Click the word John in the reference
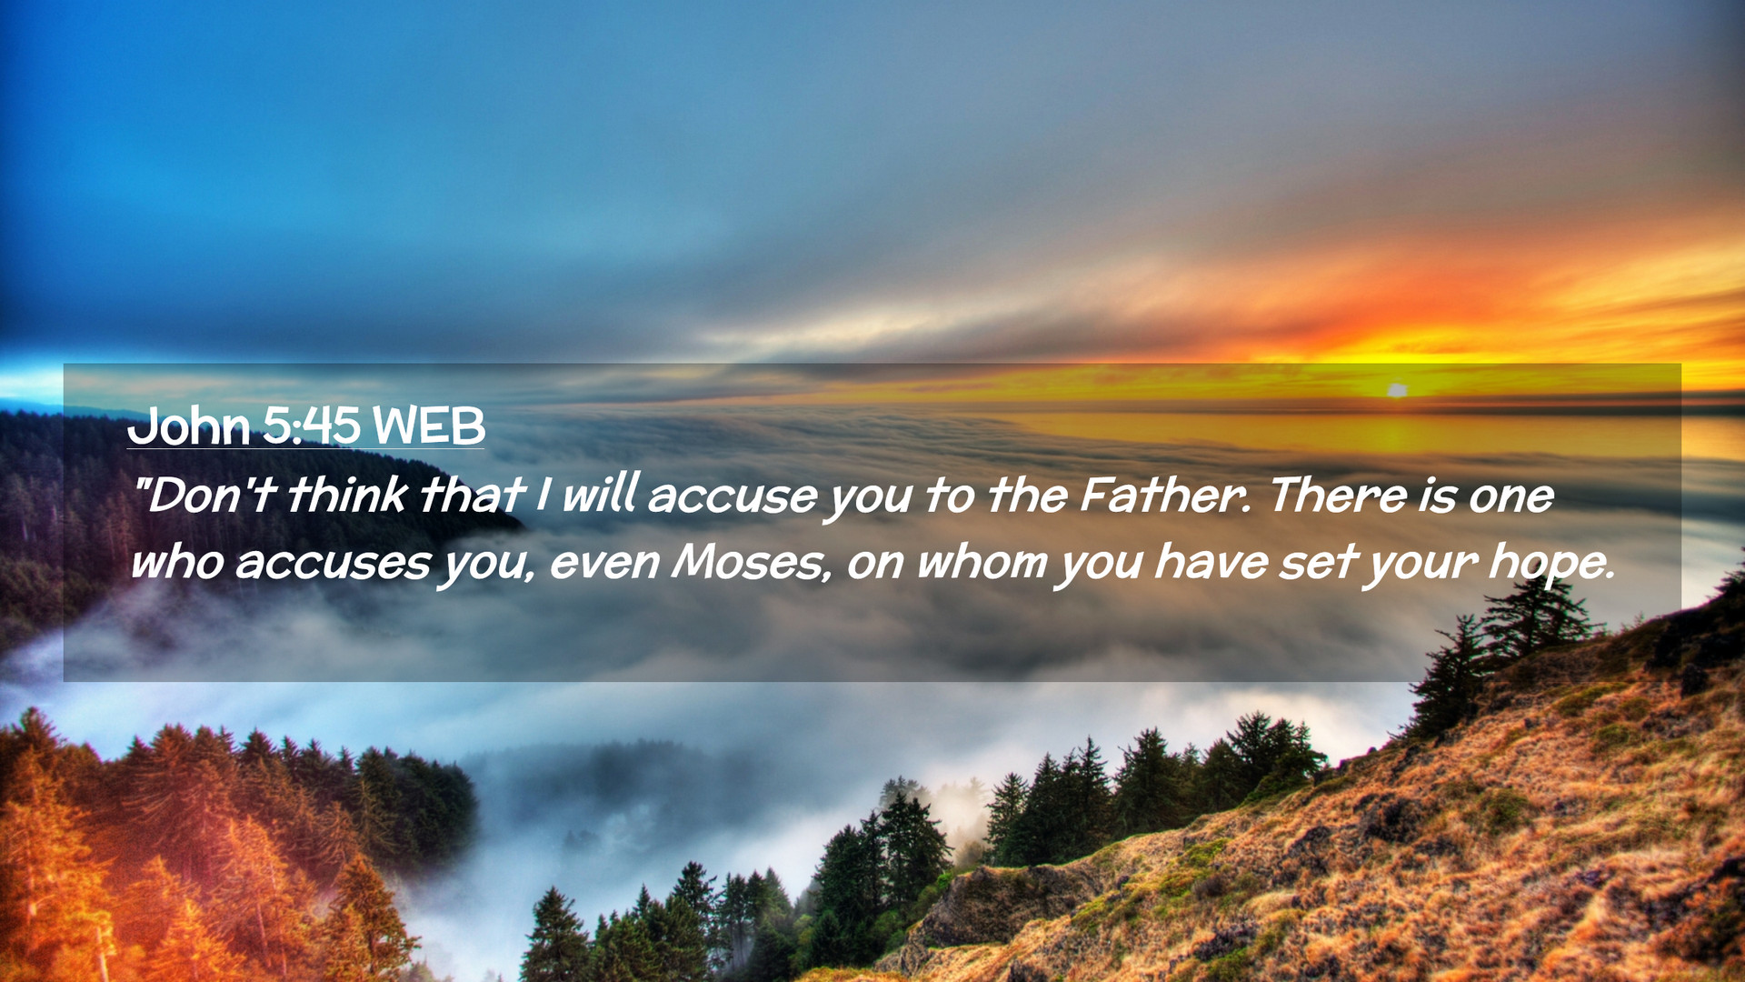click(x=189, y=426)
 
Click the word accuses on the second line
click(x=333, y=564)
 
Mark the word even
click(x=603, y=564)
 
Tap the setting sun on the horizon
click(x=1397, y=390)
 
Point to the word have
click(x=1210, y=562)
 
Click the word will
click(x=600, y=494)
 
